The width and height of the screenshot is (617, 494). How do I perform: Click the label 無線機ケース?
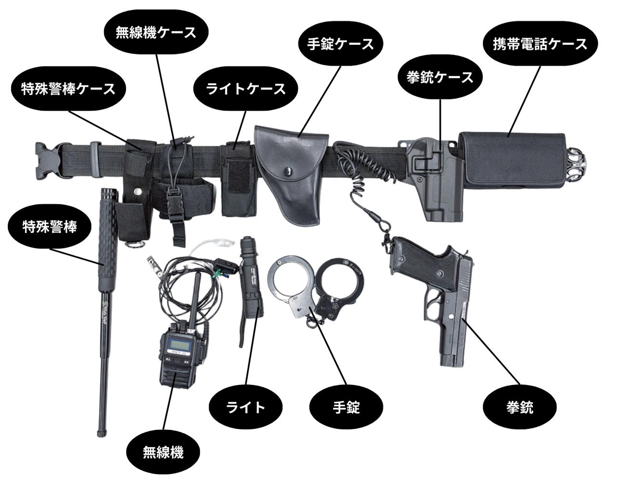tap(156, 32)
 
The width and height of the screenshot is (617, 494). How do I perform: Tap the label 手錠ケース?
tap(341, 44)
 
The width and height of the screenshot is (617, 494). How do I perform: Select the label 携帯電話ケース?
tap(540, 44)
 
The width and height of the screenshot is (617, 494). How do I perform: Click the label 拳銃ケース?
tap(440, 77)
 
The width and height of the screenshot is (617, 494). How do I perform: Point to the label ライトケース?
tap(246, 89)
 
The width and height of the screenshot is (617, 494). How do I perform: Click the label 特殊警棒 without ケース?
tap(50, 227)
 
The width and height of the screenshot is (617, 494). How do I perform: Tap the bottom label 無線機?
tap(163, 452)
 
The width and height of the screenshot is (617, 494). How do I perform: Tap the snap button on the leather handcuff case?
tap(288, 170)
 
